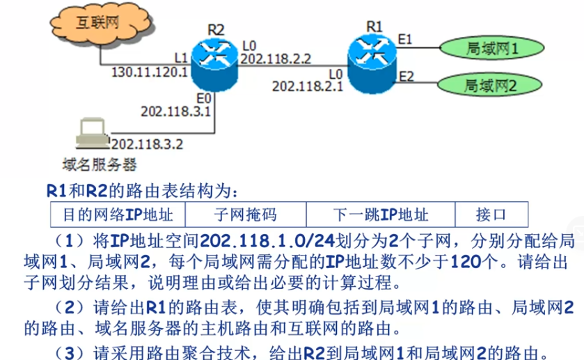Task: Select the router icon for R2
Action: [x=215, y=58]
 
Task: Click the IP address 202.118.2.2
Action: [x=275, y=60]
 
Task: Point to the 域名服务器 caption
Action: [x=99, y=165]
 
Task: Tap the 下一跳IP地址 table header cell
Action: [x=380, y=214]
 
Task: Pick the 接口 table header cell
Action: [x=491, y=214]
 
